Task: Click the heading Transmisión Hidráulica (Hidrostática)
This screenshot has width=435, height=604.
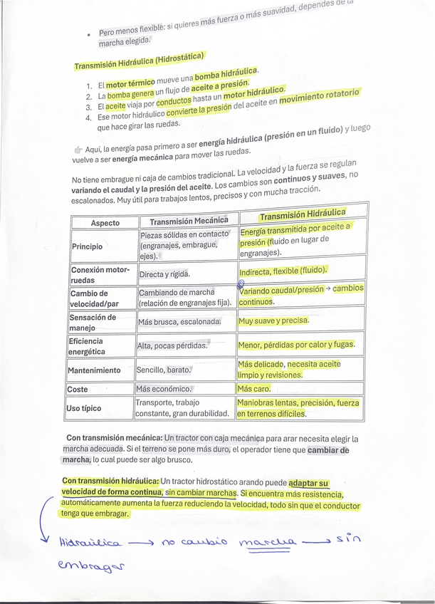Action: pyautogui.click(x=139, y=61)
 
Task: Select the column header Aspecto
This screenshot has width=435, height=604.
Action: pyautogui.click(x=105, y=223)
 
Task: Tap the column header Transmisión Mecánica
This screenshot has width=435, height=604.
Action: pyautogui.click(x=189, y=221)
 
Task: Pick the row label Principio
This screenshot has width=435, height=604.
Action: pyautogui.click(x=88, y=246)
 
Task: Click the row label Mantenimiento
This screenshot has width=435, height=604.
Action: pyautogui.click(x=94, y=370)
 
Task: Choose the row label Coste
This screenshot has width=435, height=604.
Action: pyautogui.click(x=78, y=390)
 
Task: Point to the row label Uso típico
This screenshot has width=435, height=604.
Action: pyautogui.click(x=83, y=408)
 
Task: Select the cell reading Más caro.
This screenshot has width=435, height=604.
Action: pyautogui.click(x=253, y=389)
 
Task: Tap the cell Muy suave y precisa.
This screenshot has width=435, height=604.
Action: pyautogui.click(x=273, y=321)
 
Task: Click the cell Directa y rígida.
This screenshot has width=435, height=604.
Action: pyautogui.click(x=164, y=274)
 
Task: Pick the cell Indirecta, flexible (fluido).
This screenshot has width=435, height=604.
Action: pyautogui.click(x=283, y=271)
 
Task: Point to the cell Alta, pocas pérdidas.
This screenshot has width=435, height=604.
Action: pyautogui.click(x=172, y=345)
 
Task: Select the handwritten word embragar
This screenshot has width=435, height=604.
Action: pyautogui.click(x=91, y=568)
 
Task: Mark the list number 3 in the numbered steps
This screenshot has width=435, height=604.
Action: pyautogui.click(x=88, y=106)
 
